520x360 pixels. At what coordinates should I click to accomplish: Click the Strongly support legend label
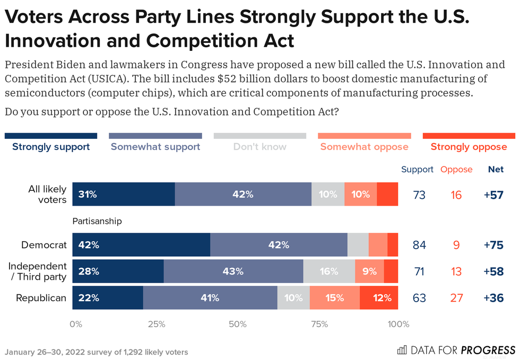click(51, 147)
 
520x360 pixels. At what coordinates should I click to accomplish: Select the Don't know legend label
click(259, 147)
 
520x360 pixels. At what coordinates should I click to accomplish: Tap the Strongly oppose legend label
click(469, 147)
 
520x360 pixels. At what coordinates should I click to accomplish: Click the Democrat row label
click(44, 245)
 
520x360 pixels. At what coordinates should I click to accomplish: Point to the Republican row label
click(41, 298)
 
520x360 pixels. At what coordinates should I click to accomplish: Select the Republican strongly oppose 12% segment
click(379, 298)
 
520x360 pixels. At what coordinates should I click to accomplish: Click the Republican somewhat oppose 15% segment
click(334, 298)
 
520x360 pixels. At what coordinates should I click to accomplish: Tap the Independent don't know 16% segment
click(329, 271)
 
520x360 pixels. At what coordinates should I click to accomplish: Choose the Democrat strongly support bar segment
click(141, 245)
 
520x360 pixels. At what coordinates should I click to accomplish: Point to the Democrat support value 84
click(419, 245)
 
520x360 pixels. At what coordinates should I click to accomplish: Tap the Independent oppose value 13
click(456, 271)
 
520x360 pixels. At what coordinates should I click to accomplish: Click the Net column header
click(496, 170)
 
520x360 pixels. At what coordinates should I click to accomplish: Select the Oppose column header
click(456, 170)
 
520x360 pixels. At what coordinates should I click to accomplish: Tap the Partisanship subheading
click(97, 221)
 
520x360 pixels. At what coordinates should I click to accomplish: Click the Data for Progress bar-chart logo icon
click(402, 350)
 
